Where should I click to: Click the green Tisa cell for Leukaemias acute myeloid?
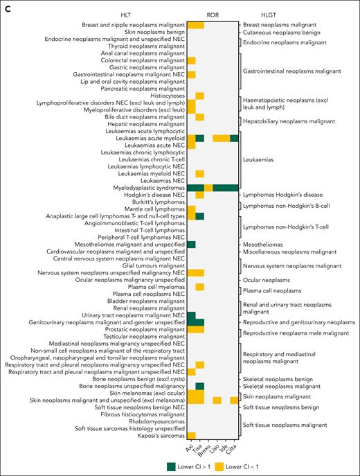(200, 139)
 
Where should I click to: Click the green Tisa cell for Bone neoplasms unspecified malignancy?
(200, 386)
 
